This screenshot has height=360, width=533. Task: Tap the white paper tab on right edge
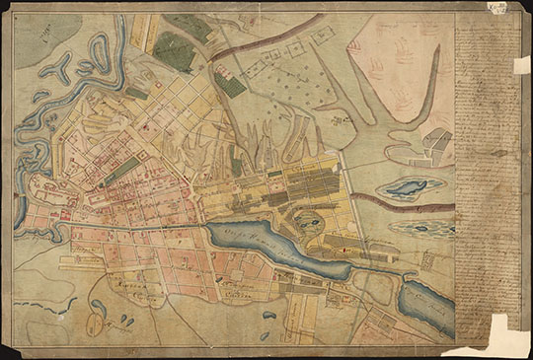tap(521, 64)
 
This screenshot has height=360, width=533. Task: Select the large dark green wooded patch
tap(174, 51)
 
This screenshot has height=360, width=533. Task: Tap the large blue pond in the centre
tap(276, 248)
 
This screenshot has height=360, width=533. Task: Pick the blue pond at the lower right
tap(426, 304)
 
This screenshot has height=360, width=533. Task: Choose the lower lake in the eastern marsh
tap(421, 227)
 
